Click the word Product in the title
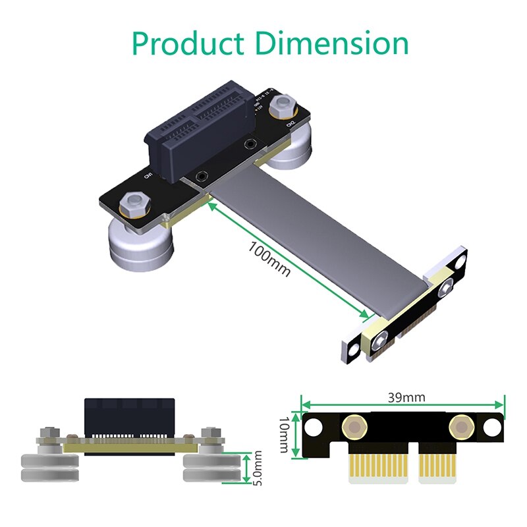tap(188, 43)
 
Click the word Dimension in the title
tap(332, 43)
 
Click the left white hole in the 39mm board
tap(316, 428)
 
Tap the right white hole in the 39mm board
tap(491, 428)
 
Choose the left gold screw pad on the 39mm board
tap(355, 428)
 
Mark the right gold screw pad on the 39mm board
tap(459, 428)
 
